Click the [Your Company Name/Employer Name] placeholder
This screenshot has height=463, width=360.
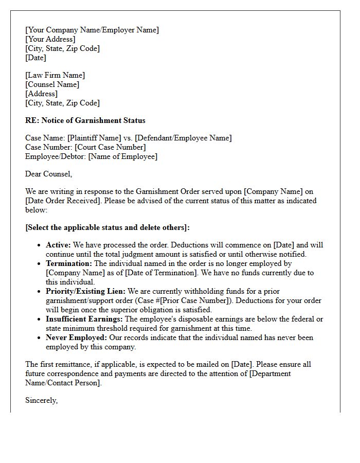point(92,30)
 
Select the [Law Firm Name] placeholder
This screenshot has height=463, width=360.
point(55,76)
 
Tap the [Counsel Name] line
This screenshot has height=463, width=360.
point(52,85)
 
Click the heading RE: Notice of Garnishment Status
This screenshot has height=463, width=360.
point(85,121)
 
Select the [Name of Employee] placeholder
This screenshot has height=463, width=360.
point(123,157)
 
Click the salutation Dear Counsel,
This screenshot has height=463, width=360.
point(49,174)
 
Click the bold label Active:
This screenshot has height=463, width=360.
point(58,245)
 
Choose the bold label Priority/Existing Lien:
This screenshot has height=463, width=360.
point(85,292)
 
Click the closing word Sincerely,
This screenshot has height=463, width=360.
point(41,401)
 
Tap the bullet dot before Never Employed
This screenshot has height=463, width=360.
point(39,338)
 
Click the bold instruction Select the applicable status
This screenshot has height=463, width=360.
point(107,228)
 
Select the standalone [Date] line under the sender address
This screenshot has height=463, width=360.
point(35,58)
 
